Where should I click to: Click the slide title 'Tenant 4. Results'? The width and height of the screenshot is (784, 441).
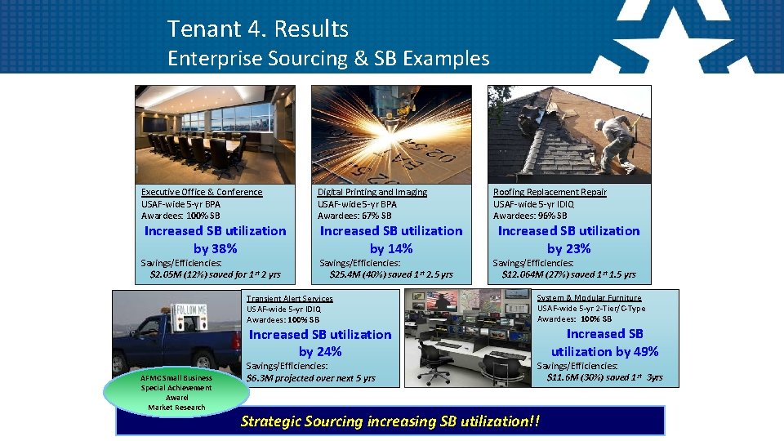click(257, 29)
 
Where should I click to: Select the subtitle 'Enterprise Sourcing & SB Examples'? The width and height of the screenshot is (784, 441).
click(328, 58)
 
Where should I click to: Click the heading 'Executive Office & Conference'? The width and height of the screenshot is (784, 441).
click(202, 192)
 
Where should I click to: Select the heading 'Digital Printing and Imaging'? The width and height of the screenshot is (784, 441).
click(372, 192)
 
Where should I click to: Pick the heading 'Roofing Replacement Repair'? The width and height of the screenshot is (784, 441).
click(550, 192)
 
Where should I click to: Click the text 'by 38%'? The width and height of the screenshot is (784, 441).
click(216, 248)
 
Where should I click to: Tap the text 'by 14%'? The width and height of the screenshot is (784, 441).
click(391, 248)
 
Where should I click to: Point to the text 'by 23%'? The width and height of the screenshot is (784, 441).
click(568, 248)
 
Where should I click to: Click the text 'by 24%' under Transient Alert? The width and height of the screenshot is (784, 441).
click(320, 351)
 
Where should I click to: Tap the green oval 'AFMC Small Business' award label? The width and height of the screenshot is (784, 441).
click(176, 392)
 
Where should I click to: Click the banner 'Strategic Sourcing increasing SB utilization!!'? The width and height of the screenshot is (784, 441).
click(390, 421)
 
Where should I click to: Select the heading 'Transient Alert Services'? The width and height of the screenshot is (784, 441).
click(289, 299)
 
